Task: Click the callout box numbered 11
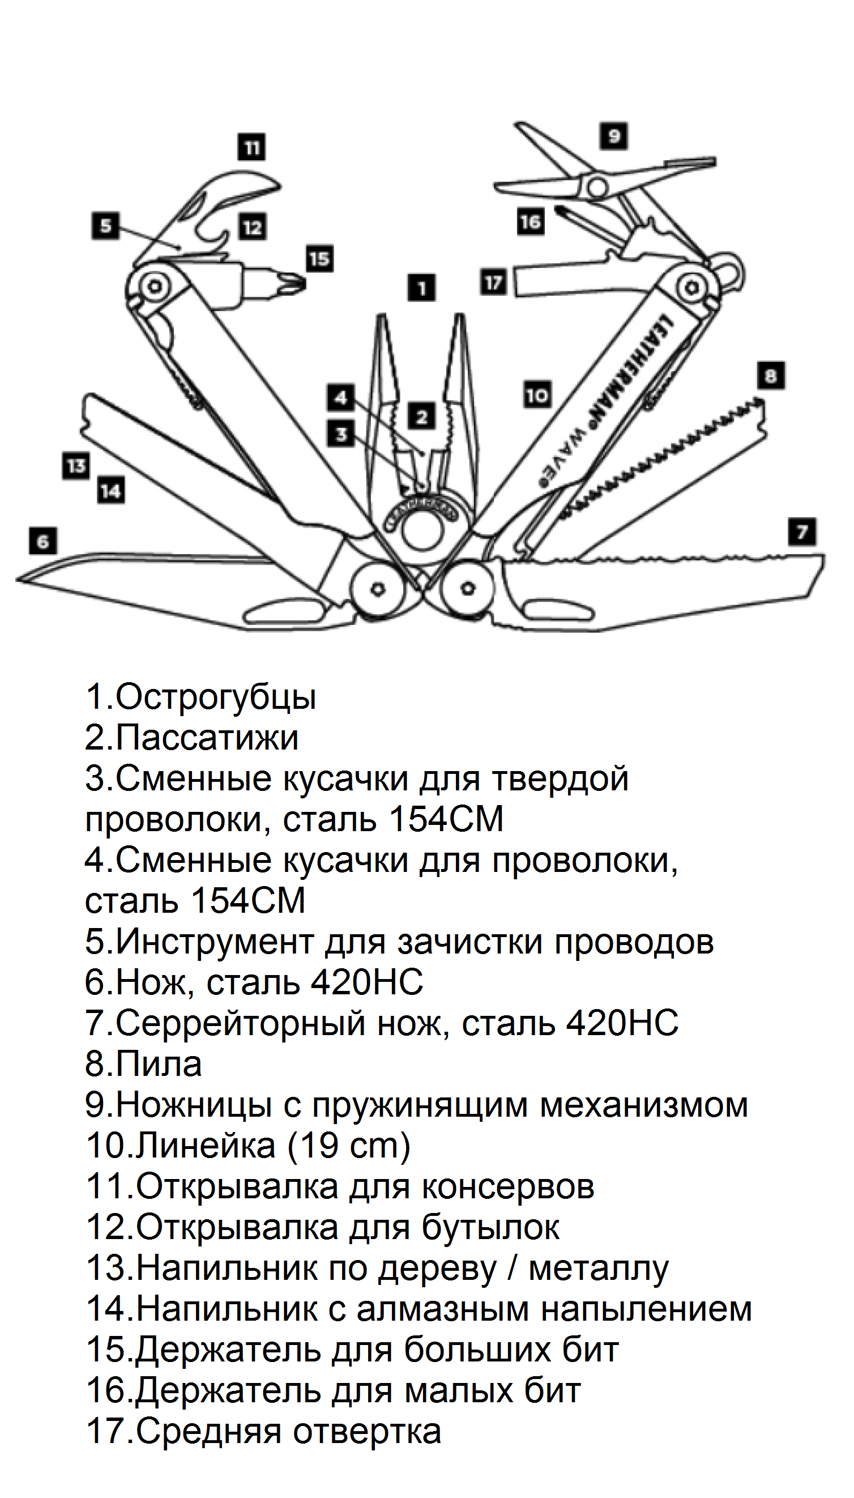[251, 147]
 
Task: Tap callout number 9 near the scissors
[613, 136]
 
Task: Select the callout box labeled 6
[44, 541]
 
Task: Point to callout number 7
[802, 532]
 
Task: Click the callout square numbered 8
[771, 375]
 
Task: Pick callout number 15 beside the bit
[319, 259]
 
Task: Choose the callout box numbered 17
[493, 283]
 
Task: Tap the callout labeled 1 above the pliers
[421, 288]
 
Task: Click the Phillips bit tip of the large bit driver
[293, 284]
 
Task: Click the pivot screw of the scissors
[597, 187]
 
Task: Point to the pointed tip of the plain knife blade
[21, 580]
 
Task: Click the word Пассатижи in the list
[207, 738]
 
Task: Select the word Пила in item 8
[159, 1063]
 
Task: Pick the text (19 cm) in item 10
[349, 1144]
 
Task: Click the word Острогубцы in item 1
[215, 697]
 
